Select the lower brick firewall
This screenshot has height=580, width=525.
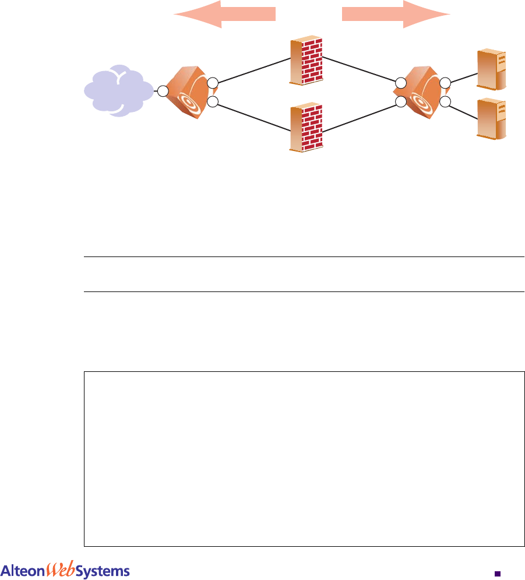click(306, 126)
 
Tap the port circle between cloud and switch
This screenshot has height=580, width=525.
click(163, 91)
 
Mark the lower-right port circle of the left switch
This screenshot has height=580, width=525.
click(213, 103)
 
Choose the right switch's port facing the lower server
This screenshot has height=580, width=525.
click(445, 103)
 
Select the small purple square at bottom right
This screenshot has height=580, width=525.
click(497, 573)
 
